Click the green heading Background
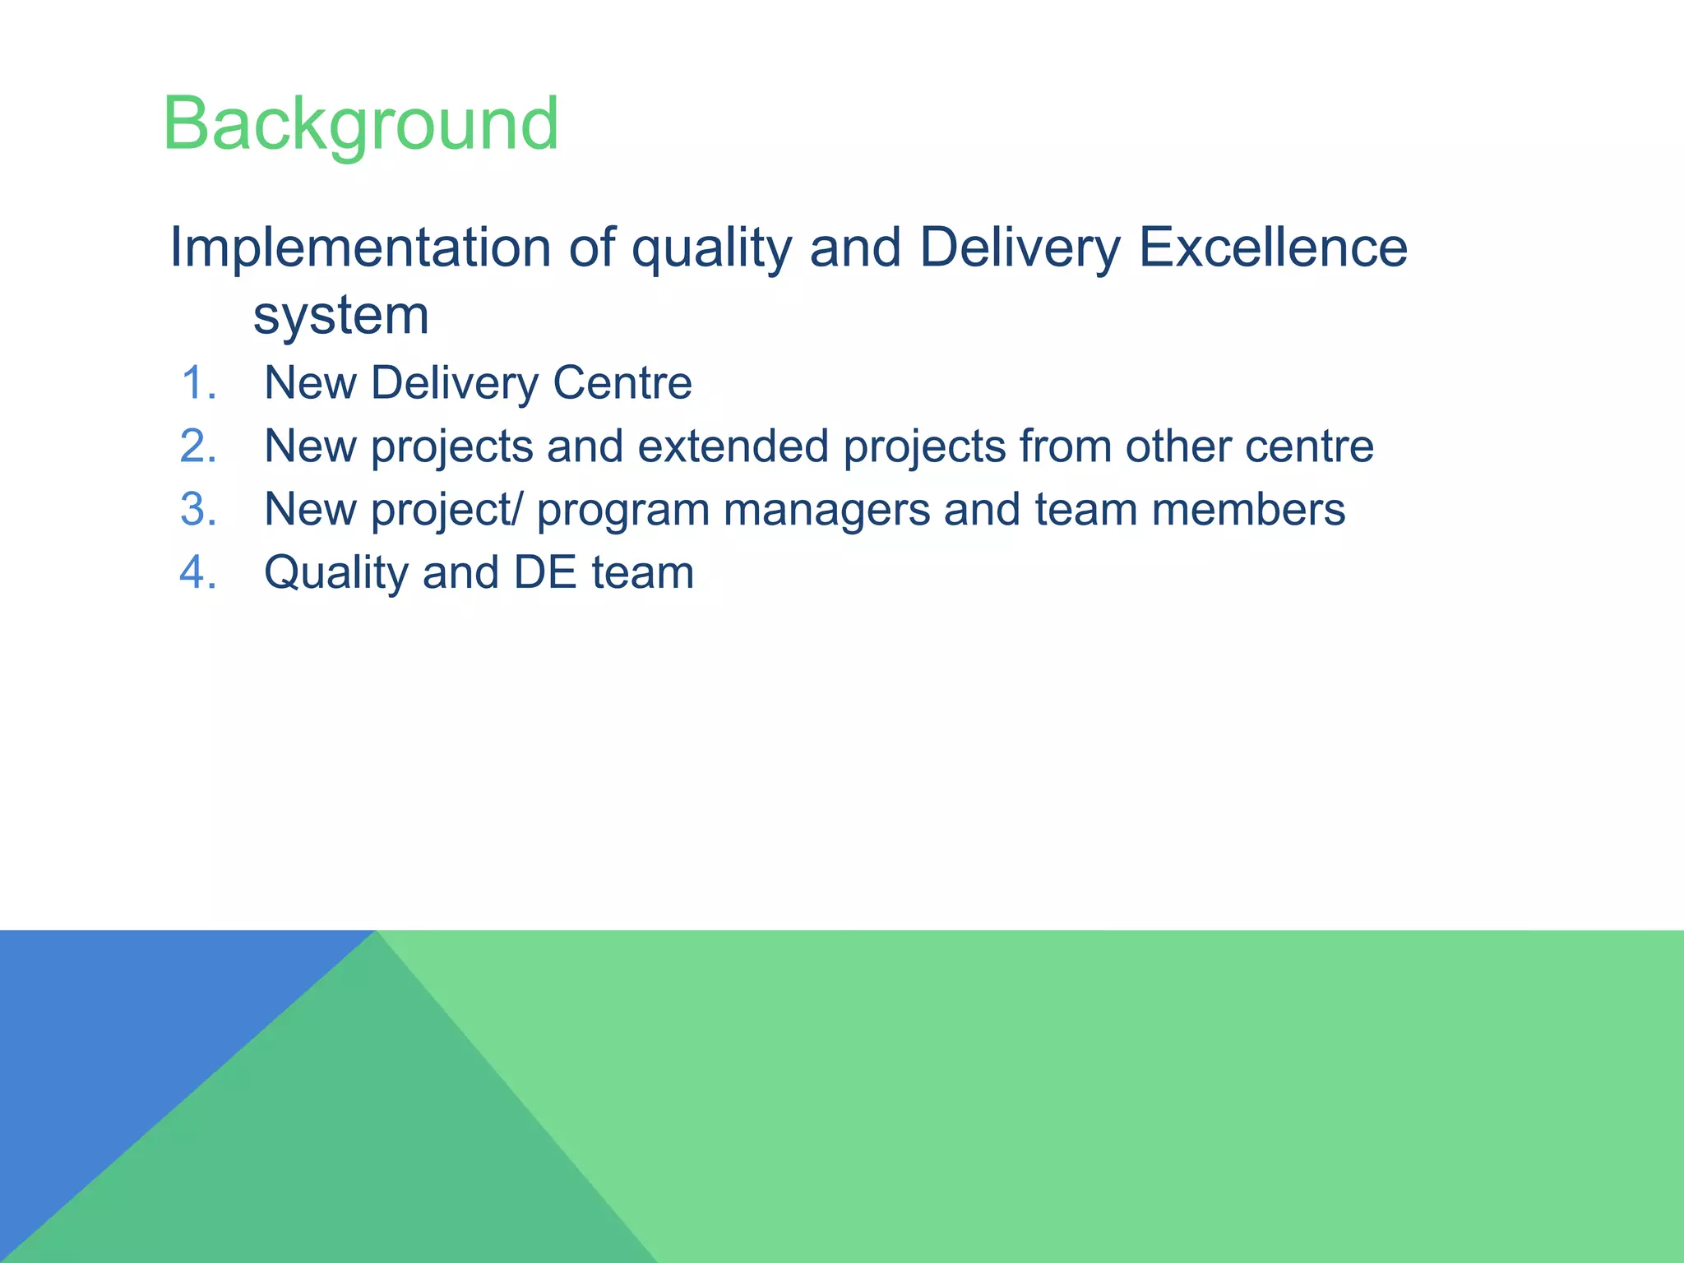point(360,125)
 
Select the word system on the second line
point(340,316)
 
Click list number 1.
point(198,384)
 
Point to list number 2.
point(198,446)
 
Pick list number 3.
point(198,510)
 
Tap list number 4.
point(198,573)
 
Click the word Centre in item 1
point(622,383)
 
